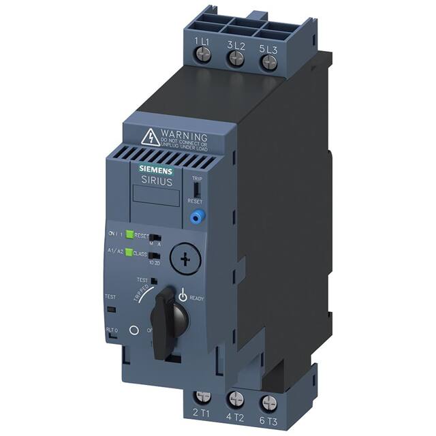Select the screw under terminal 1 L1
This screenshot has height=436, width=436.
tap(202, 58)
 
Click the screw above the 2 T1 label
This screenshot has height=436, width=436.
tap(202, 396)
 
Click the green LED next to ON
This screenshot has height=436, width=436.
tap(128, 235)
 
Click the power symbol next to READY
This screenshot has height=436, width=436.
tap(182, 296)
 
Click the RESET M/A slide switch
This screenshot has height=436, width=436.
tap(155, 236)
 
